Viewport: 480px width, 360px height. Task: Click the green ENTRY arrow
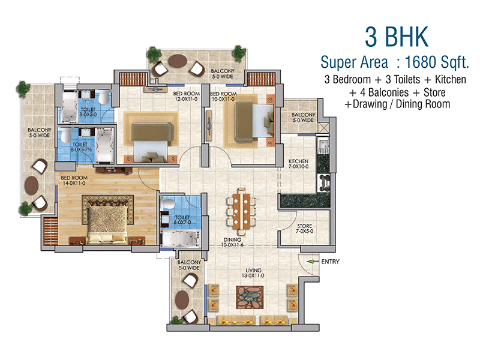313,262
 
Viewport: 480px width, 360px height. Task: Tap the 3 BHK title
397,37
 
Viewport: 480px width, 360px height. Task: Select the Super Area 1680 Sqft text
395,62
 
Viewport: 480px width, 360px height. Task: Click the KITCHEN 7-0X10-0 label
298,164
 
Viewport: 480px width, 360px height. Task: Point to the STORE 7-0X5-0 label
305,229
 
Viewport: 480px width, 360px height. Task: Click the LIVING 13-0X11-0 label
253,273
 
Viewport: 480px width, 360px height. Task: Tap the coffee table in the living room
250,298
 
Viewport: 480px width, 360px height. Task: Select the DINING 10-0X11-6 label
232,242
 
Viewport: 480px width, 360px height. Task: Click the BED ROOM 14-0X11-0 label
74,181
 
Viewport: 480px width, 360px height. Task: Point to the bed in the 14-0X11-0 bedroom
107,225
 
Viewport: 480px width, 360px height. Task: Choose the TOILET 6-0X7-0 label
182,220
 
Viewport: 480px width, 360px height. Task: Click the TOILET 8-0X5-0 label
88,112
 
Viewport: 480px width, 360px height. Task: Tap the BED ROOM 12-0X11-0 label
187,97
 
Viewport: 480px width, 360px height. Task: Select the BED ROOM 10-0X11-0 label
223,97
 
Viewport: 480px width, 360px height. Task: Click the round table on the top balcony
178,61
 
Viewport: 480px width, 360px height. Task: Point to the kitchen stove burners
324,183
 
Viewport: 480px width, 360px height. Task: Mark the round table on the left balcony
32,185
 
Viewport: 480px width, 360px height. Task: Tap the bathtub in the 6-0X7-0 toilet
181,239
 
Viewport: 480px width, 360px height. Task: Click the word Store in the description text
434,92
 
